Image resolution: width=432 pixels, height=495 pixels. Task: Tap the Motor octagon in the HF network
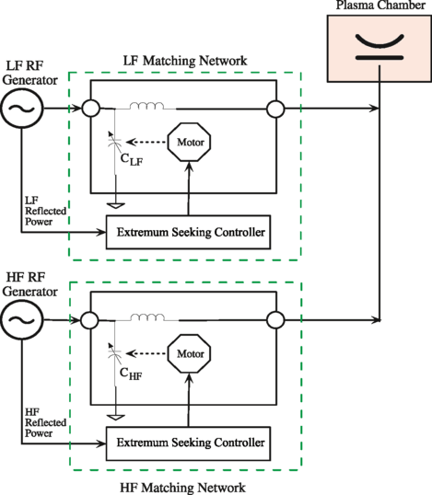188,355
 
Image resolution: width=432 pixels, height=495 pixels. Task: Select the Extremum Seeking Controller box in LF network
189,232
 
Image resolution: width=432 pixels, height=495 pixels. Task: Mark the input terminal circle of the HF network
89,322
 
